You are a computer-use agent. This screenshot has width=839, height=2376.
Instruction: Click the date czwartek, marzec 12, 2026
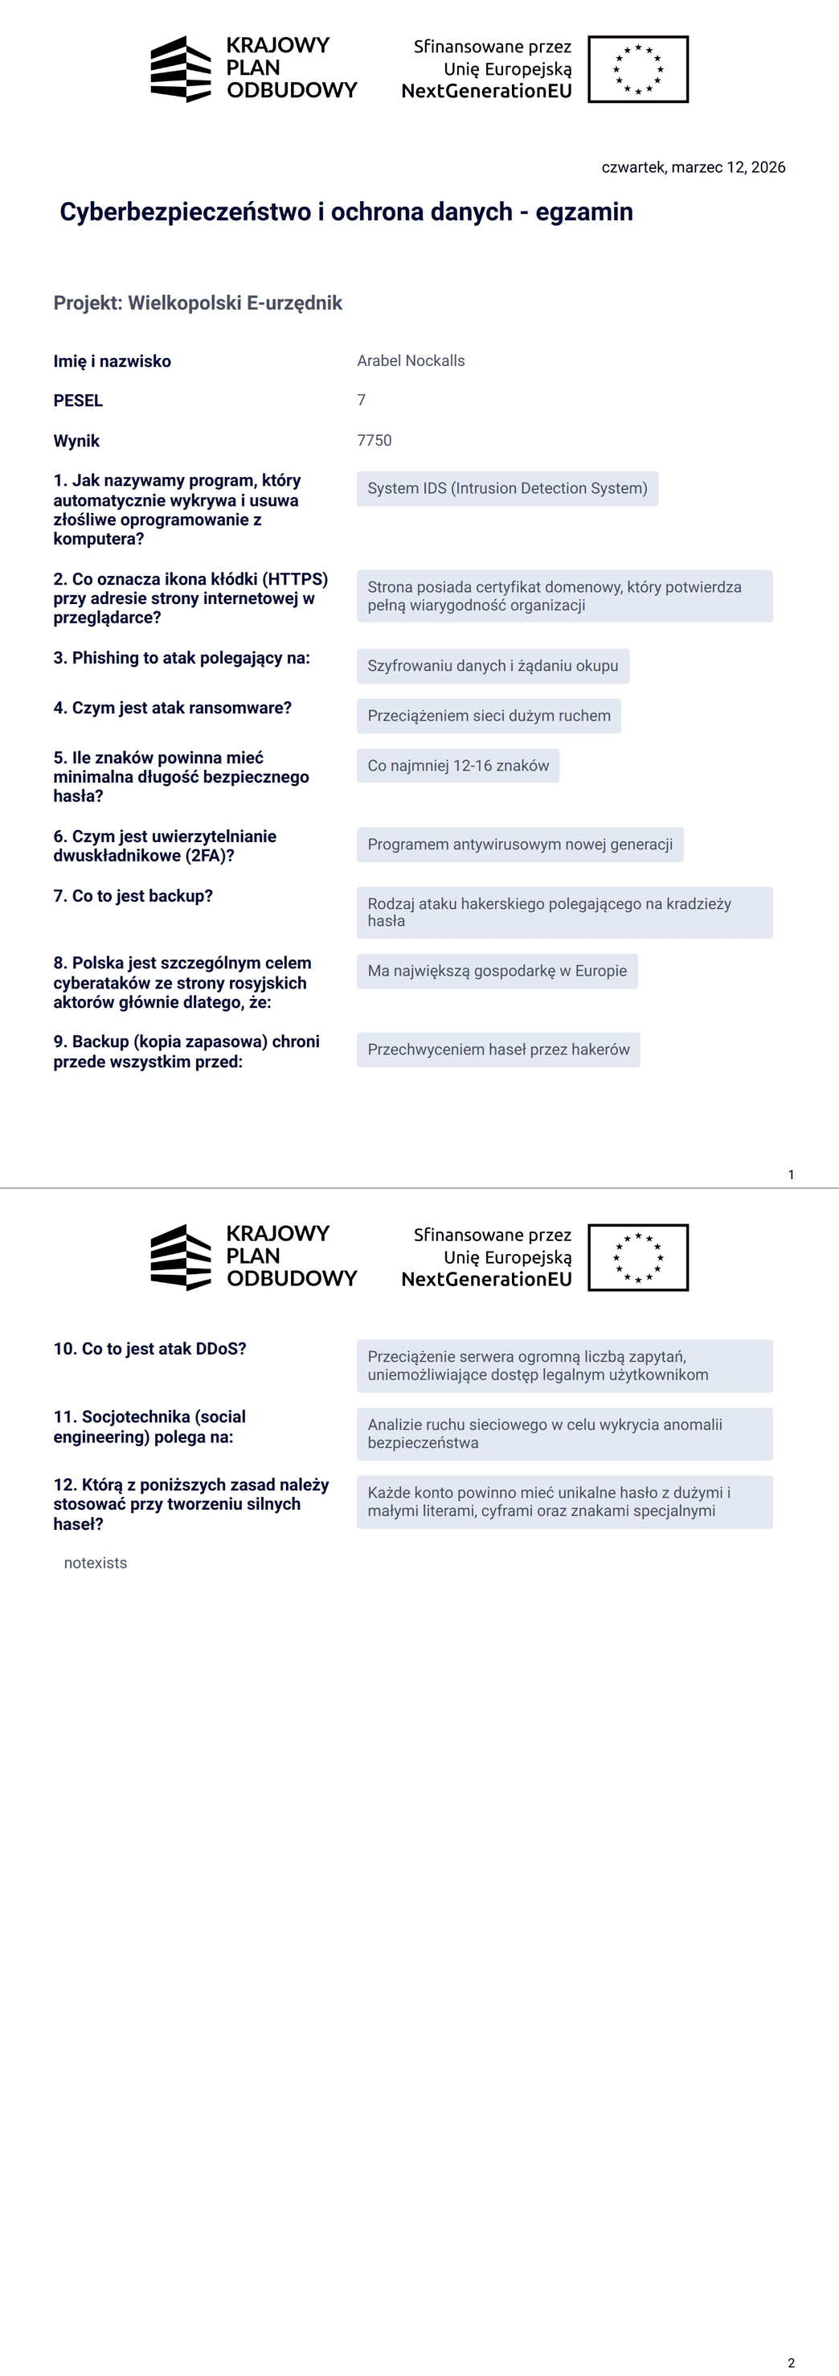(x=693, y=167)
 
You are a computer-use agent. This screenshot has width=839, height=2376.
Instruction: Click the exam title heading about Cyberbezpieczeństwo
(x=346, y=212)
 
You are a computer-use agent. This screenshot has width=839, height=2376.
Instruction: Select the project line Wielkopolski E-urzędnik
(x=198, y=303)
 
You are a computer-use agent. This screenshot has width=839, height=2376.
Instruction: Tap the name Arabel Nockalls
(x=411, y=360)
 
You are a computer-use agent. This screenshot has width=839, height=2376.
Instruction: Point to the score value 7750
(x=374, y=440)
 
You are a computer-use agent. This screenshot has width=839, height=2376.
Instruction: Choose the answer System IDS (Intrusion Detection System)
(x=507, y=488)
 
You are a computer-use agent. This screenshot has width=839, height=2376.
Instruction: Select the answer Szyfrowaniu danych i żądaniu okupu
(x=493, y=666)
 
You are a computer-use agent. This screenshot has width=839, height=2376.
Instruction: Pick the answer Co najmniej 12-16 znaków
(x=457, y=766)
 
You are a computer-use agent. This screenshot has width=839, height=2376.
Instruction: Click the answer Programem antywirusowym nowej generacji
(x=519, y=845)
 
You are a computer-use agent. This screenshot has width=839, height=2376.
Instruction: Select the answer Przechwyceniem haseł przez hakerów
(x=498, y=1050)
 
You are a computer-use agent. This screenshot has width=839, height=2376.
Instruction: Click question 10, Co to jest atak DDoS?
(x=149, y=1350)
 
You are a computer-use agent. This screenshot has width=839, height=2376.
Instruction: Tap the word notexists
(x=95, y=1564)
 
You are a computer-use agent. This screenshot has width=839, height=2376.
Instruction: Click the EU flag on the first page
(x=638, y=69)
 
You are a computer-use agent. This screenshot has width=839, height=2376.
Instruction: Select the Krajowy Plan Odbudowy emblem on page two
(x=181, y=1257)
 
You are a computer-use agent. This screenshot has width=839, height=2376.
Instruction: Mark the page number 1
(x=790, y=1174)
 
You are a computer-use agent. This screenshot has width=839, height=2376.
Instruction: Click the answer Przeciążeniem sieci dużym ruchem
(x=489, y=716)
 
